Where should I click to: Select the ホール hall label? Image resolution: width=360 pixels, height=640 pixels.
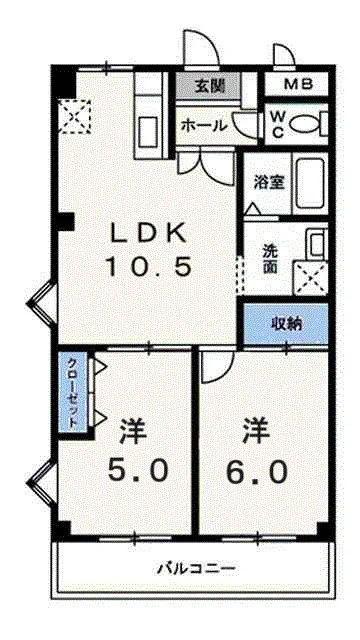202,126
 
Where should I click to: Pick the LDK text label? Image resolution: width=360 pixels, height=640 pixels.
147,233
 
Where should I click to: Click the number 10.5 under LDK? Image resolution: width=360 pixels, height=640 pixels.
148,267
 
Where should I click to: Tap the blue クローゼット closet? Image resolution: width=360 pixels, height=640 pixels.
73,391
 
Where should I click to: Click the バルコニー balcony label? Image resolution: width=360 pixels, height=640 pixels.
196,569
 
